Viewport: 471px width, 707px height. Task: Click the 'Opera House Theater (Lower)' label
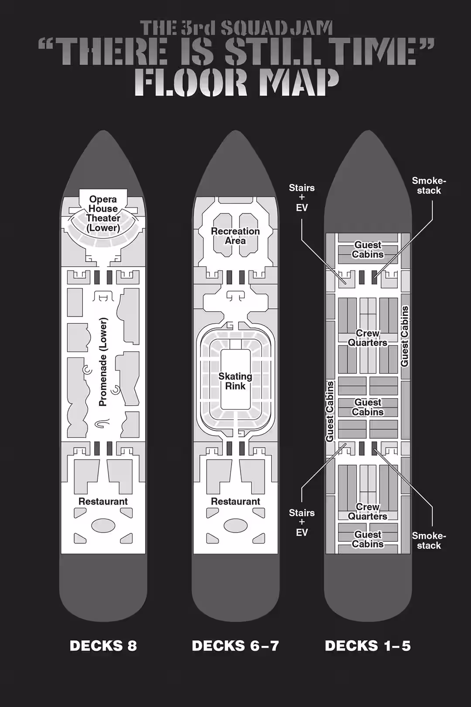103,213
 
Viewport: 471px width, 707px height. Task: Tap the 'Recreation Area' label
235,236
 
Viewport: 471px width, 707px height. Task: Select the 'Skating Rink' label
235,381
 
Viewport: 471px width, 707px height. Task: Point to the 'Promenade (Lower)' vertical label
103,362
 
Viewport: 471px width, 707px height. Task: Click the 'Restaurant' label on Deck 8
103,501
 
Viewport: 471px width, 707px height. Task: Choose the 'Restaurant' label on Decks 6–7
235,501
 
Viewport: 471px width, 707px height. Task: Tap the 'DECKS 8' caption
103,646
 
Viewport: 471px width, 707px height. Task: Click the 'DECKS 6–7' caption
235,646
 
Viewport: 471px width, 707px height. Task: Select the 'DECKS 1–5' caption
368,646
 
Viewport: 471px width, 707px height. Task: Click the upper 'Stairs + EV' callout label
302,198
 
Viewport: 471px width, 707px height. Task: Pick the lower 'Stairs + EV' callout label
302,522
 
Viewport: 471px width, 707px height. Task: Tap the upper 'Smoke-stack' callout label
429,185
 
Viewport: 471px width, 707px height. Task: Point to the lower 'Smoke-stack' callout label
429,540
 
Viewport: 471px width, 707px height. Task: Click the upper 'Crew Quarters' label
368,338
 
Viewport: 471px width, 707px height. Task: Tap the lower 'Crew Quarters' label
368,511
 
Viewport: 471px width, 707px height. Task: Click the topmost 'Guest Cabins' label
368,250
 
